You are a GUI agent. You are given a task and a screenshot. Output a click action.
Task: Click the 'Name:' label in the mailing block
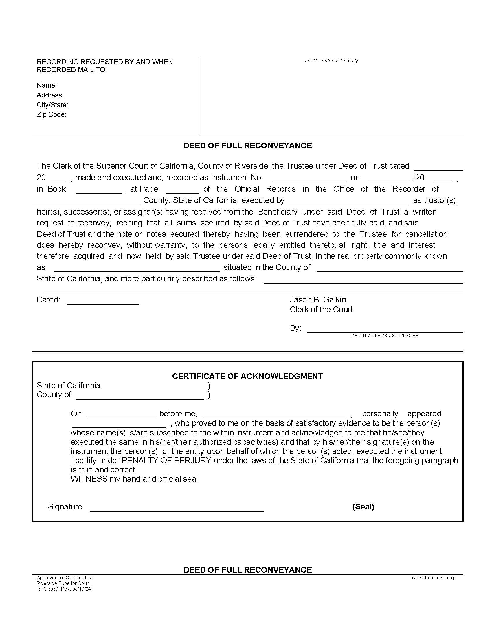coord(47,85)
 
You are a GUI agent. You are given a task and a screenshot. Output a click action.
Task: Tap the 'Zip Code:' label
coord(51,114)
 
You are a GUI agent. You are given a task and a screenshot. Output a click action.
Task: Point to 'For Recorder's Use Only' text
coord(331,61)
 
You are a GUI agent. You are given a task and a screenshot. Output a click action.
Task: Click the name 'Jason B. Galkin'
coord(319,300)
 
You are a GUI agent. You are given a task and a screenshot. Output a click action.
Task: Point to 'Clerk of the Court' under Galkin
coord(321,309)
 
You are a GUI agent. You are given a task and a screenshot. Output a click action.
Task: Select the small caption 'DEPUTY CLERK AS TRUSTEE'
coord(384,336)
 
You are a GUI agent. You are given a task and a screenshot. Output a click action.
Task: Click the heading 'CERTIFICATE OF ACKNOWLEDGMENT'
coord(247,376)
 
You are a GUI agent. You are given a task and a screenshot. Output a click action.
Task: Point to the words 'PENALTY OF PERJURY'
coord(166,461)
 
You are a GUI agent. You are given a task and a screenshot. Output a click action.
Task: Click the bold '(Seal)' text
coord(363,507)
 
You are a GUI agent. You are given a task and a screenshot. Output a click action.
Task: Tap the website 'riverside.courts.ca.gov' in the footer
coord(434,578)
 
